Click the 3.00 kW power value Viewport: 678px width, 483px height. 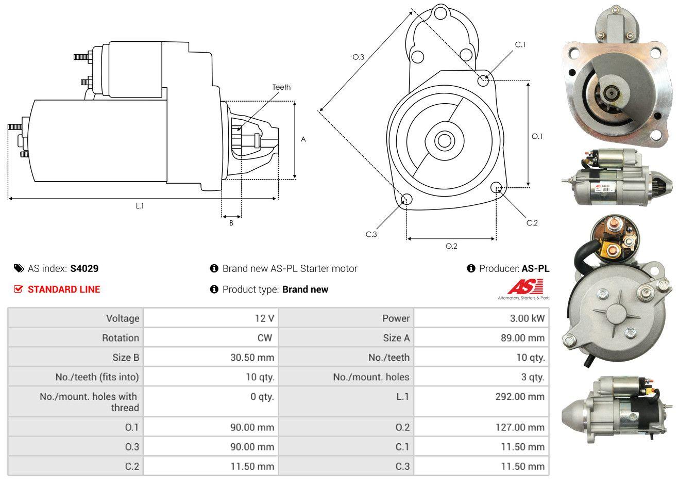527,318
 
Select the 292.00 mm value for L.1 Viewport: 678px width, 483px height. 520,396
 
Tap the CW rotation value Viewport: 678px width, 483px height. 264,338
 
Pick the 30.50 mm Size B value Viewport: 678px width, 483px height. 252,357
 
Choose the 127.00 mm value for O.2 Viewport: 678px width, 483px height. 520,427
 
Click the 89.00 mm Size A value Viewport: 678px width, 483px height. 522,338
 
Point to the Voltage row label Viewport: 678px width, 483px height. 123,318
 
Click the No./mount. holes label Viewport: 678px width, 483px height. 371,377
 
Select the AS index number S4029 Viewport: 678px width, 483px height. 84,268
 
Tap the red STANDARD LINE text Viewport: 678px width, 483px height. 64,289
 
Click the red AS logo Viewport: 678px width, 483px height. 525,286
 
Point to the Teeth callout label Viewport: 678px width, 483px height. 281,87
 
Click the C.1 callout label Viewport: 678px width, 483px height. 520,45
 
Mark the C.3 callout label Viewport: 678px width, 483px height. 371,234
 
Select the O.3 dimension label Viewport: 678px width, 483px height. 359,57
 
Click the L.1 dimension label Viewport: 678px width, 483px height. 140,206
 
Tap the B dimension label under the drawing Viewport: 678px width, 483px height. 231,223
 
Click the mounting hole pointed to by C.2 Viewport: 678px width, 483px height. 496,187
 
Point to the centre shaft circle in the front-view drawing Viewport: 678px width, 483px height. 444,140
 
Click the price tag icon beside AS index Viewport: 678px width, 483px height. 19,268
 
